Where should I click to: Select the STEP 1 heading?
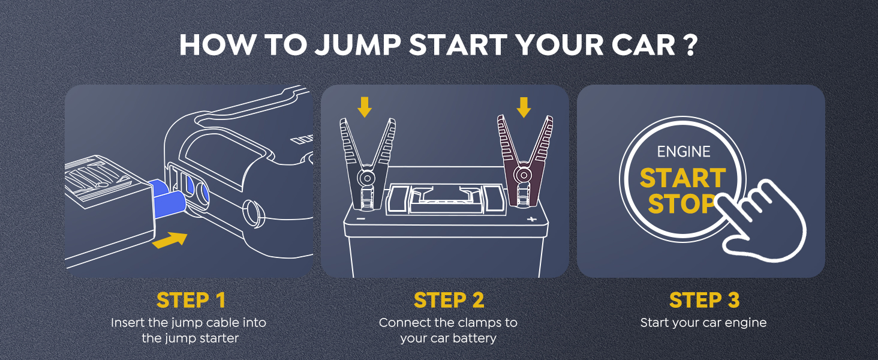[x=191, y=299]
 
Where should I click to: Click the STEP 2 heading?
[x=448, y=299]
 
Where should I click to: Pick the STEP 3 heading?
[x=703, y=299]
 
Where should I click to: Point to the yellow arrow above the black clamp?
[x=365, y=107]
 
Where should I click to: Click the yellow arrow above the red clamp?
[x=524, y=107]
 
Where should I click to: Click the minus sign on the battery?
[x=360, y=219]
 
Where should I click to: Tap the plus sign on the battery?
[x=531, y=220]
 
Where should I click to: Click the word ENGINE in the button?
[x=683, y=152]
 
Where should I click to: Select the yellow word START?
[x=682, y=178]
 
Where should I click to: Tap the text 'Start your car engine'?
[x=703, y=323]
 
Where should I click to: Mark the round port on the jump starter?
[x=251, y=211]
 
